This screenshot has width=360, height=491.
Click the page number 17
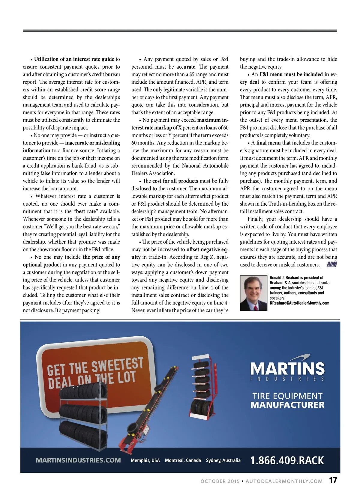[333, 480]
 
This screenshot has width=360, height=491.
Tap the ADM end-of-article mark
[331, 264]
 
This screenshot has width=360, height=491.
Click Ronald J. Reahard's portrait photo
[253, 293]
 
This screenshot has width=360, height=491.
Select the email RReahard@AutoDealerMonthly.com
[299, 303]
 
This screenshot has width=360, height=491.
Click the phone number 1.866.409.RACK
[287, 460]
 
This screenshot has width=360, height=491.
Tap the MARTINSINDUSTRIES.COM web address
[78, 460]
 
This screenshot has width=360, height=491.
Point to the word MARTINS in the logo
[287, 368]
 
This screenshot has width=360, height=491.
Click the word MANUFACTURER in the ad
[287, 405]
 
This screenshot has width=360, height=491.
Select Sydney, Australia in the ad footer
[223, 460]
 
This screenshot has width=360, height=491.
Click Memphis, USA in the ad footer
[145, 460]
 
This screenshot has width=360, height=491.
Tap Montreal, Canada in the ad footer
[183, 460]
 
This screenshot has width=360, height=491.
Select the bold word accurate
[186, 67]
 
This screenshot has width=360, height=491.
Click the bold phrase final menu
[268, 143]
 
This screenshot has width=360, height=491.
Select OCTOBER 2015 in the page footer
[220, 481]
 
